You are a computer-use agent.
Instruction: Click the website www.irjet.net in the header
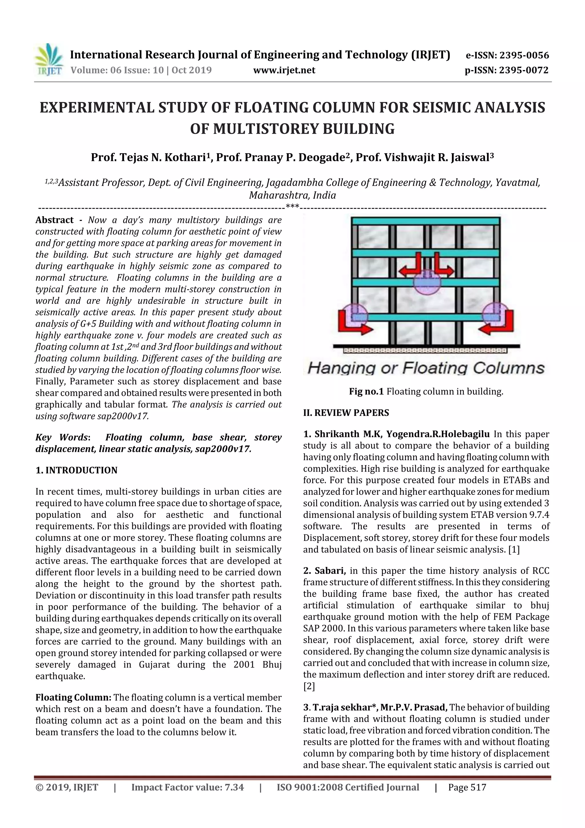(x=284, y=70)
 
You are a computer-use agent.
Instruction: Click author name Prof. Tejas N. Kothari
(x=150, y=157)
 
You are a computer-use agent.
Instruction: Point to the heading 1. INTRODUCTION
(x=77, y=470)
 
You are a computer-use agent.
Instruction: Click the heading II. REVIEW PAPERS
(x=346, y=413)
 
